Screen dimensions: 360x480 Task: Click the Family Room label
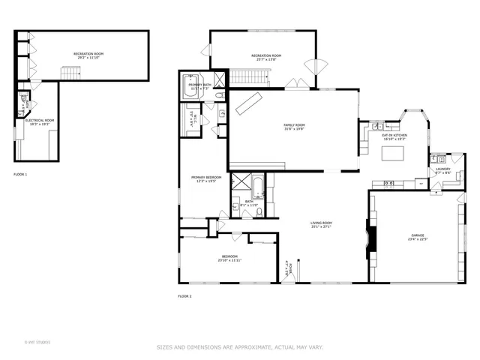[x=293, y=127]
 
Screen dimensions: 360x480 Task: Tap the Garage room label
[x=417, y=238]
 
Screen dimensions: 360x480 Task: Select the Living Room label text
[x=321, y=225]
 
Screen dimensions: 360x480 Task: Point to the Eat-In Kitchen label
[x=394, y=137]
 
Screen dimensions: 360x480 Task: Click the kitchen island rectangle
[x=394, y=154]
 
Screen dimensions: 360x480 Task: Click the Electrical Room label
[x=39, y=121]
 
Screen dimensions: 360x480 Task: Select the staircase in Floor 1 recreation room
[x=70, y=72]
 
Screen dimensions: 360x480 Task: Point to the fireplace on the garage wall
[x=370, y=238]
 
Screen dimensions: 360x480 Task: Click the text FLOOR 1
[x=20, y=175]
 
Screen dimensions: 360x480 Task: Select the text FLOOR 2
[x=184, y=296]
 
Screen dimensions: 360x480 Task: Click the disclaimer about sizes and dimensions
[x=239, y=346]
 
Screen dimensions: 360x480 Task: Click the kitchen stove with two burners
[x=389, y=184]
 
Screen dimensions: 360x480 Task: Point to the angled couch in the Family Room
[x=249, y=103]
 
